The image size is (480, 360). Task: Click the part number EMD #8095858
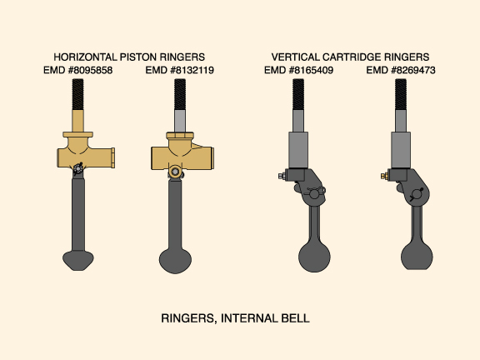coord(77,70)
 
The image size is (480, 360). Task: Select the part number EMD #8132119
coord(180,70)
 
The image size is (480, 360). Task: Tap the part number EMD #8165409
coord(298,70)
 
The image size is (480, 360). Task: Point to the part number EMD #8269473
coord(401,70)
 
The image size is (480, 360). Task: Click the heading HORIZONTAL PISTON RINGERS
coord(129,57)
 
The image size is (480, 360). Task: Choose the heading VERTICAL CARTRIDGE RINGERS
coord(350,57)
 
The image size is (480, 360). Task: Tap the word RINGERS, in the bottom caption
coord(189,318)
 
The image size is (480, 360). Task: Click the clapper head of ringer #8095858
coord(78,261)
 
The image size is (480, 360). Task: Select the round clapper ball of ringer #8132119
coord(175,261)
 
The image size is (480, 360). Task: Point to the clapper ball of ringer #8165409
coord(314,257)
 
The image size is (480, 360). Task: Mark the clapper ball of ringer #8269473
coord(417,256)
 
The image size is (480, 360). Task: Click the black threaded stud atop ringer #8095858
coord(77,94)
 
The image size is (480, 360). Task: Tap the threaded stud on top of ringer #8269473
coord(401,94)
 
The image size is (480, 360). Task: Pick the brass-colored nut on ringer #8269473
coord(384,176)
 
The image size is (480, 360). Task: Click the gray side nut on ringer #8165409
coord(282,176)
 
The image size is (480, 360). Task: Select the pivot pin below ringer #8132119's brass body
coord(175,172)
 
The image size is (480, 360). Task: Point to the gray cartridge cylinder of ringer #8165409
coord(298,150)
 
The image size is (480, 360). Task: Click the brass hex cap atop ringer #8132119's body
coord(180,135)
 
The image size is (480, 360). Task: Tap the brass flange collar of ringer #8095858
coord(77,134)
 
